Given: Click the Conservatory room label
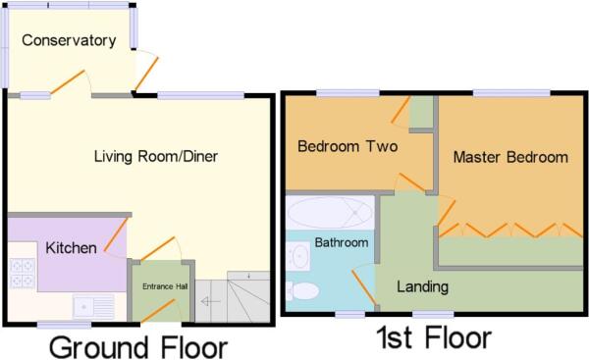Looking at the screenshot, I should coord(69,41).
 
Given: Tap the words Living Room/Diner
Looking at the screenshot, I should coord(155,156).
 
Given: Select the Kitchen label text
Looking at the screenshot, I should coord(71,248).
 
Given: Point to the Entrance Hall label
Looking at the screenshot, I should coord(163,286).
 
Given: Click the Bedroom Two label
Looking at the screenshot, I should coord(347,147).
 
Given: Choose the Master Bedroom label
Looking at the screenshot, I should coord(510,157).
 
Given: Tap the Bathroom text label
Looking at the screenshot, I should coord(342,242).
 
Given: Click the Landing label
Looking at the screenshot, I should coord(423,287).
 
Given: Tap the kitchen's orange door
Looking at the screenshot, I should coord(116,236).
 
